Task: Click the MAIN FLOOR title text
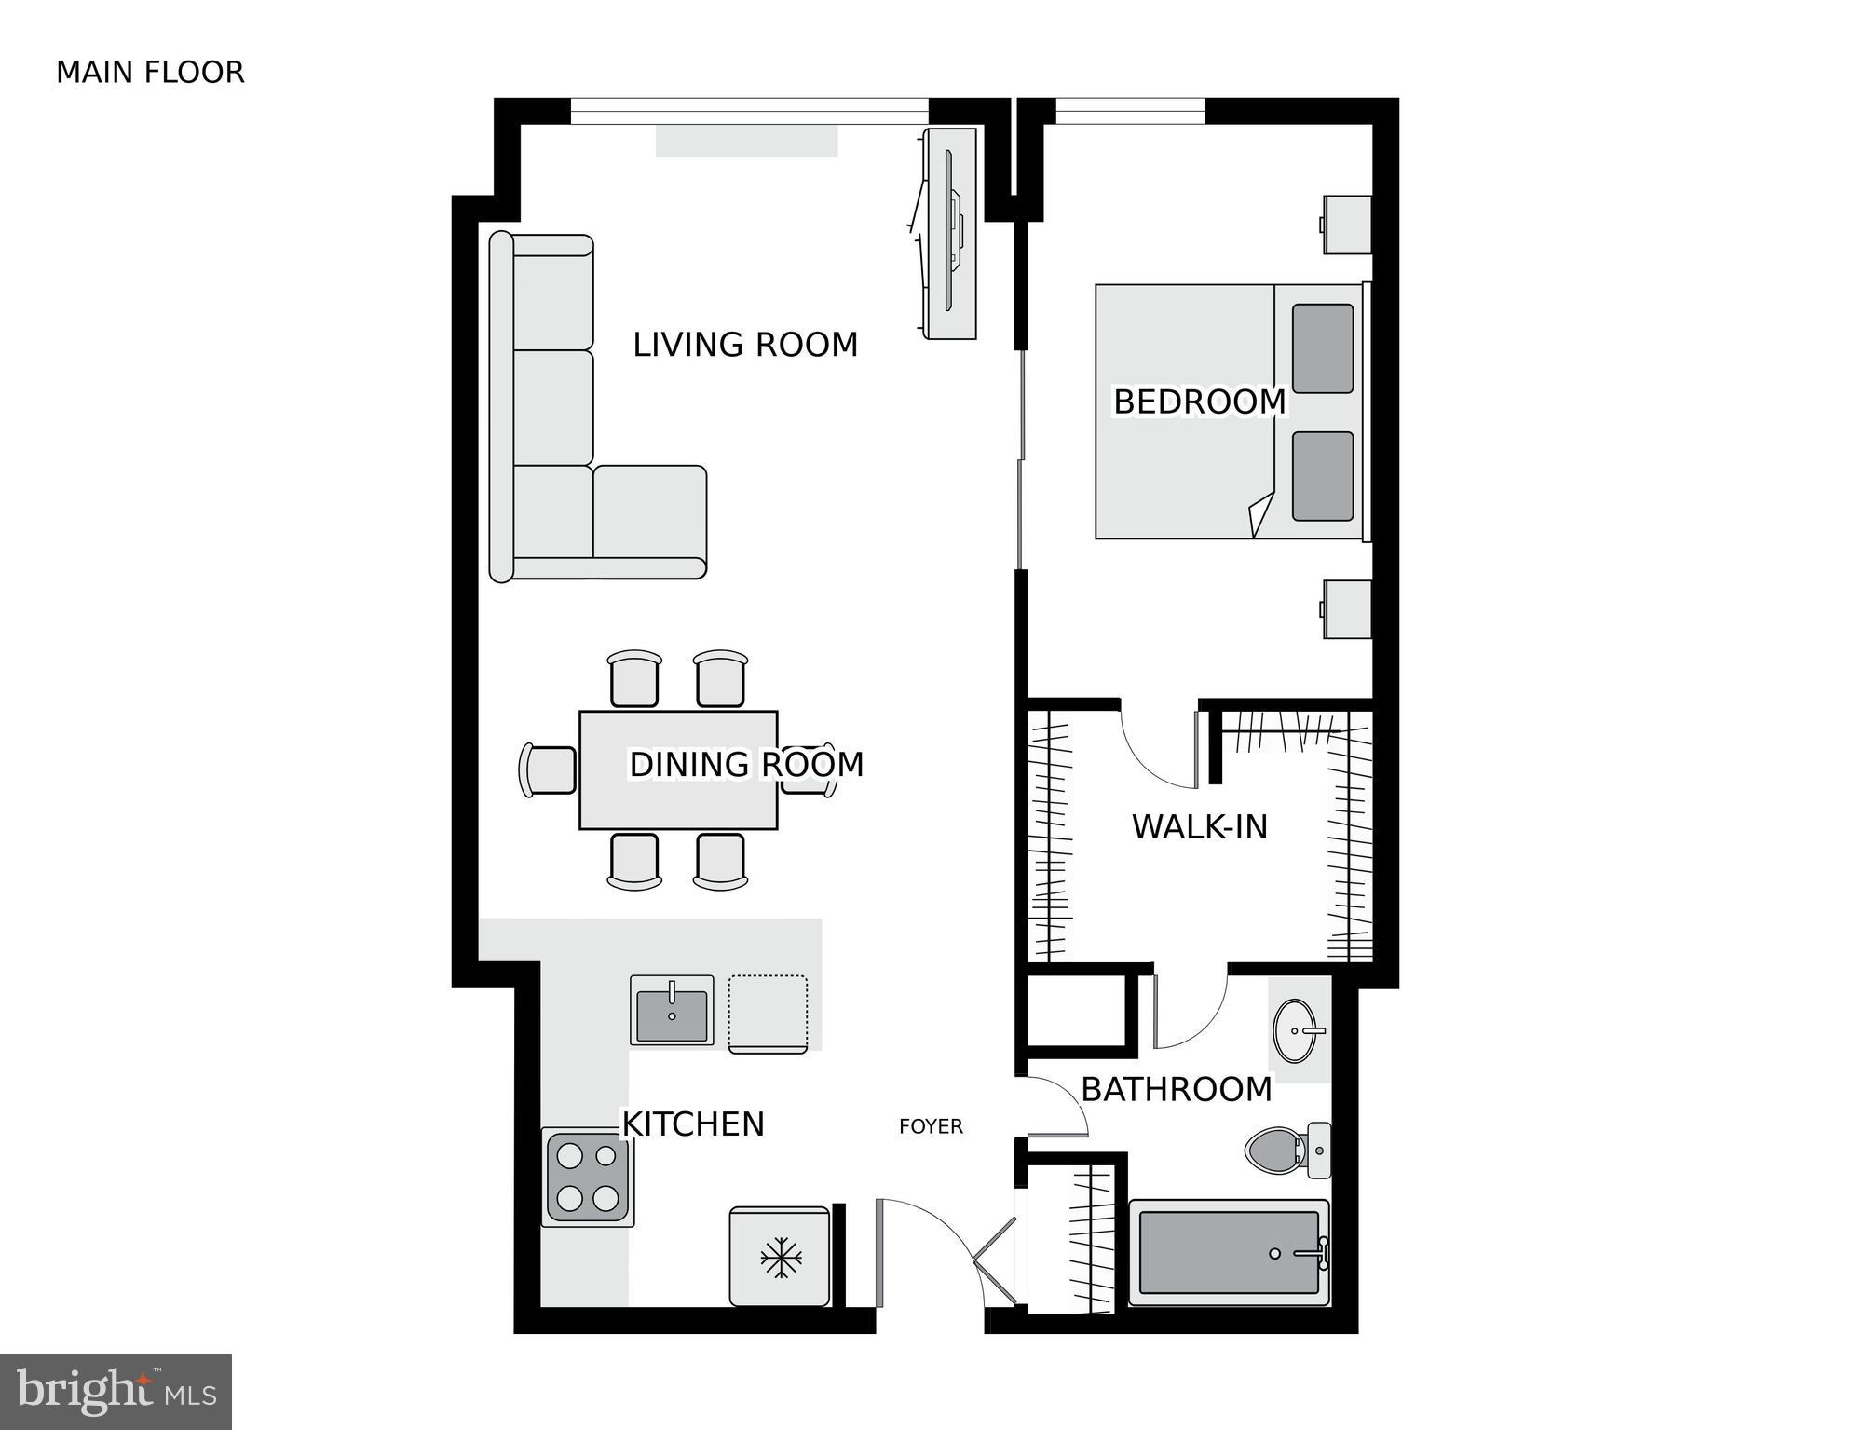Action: click(x=150, y=73)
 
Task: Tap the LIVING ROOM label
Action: click(x=744, y=345)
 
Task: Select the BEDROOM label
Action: click(x=1199, y=402)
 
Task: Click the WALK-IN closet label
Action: click(x=1199, y=827)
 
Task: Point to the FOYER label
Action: click(x=930, y=1127)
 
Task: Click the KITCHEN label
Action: click(x=692, y=1124)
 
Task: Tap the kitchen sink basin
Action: click(x=671, y=1014)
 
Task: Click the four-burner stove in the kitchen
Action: click(x=588, y=1176)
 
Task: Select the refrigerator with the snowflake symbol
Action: click(x=780, y=1258)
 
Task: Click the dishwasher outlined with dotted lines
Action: click(x=768, y=1013)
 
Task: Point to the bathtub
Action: click(x=1228, y=1253)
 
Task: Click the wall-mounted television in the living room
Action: click(x=951, y=233)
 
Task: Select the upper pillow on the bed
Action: click(x=1322, y=348)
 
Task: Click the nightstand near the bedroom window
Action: click(x=1347, y=225)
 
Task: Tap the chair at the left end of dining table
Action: click(x=548, y=770)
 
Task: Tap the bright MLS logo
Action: click(x=116, y=1392)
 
